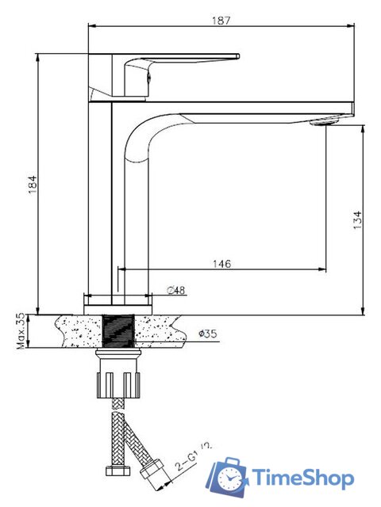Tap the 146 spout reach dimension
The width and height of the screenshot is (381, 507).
pos(221,264)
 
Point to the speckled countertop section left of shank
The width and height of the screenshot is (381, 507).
pos(75,330)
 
